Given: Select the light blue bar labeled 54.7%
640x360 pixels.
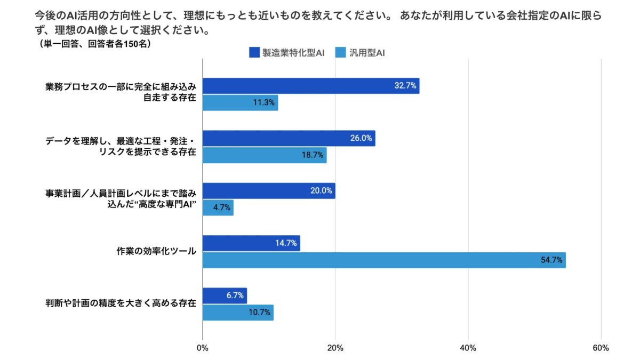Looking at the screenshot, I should tap(384, 260).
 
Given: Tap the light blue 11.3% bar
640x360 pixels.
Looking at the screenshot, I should tap(240, 103).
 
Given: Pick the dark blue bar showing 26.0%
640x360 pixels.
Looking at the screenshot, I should tap(289, 138).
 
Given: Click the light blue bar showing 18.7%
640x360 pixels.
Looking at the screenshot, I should tap(265, 155).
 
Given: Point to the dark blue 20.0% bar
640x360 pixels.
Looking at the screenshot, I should tap(269, 190).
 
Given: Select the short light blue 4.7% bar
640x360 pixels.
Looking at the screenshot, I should tap(218, 207).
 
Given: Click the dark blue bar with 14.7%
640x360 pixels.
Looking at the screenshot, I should tap(251, 243).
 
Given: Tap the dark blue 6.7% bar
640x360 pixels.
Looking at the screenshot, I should tap(225, 295).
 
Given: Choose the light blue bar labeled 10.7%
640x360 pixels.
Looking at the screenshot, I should tap(238, 313).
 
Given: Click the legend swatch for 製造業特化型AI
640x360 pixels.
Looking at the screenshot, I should tap(254, 52).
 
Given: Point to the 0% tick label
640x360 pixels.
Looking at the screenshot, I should tap(203, 348).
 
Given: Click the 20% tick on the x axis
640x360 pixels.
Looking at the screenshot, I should tap(335, 348).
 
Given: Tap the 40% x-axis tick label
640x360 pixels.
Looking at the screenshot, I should tap(468, 348).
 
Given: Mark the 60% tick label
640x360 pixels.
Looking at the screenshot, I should tap(601, 348).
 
